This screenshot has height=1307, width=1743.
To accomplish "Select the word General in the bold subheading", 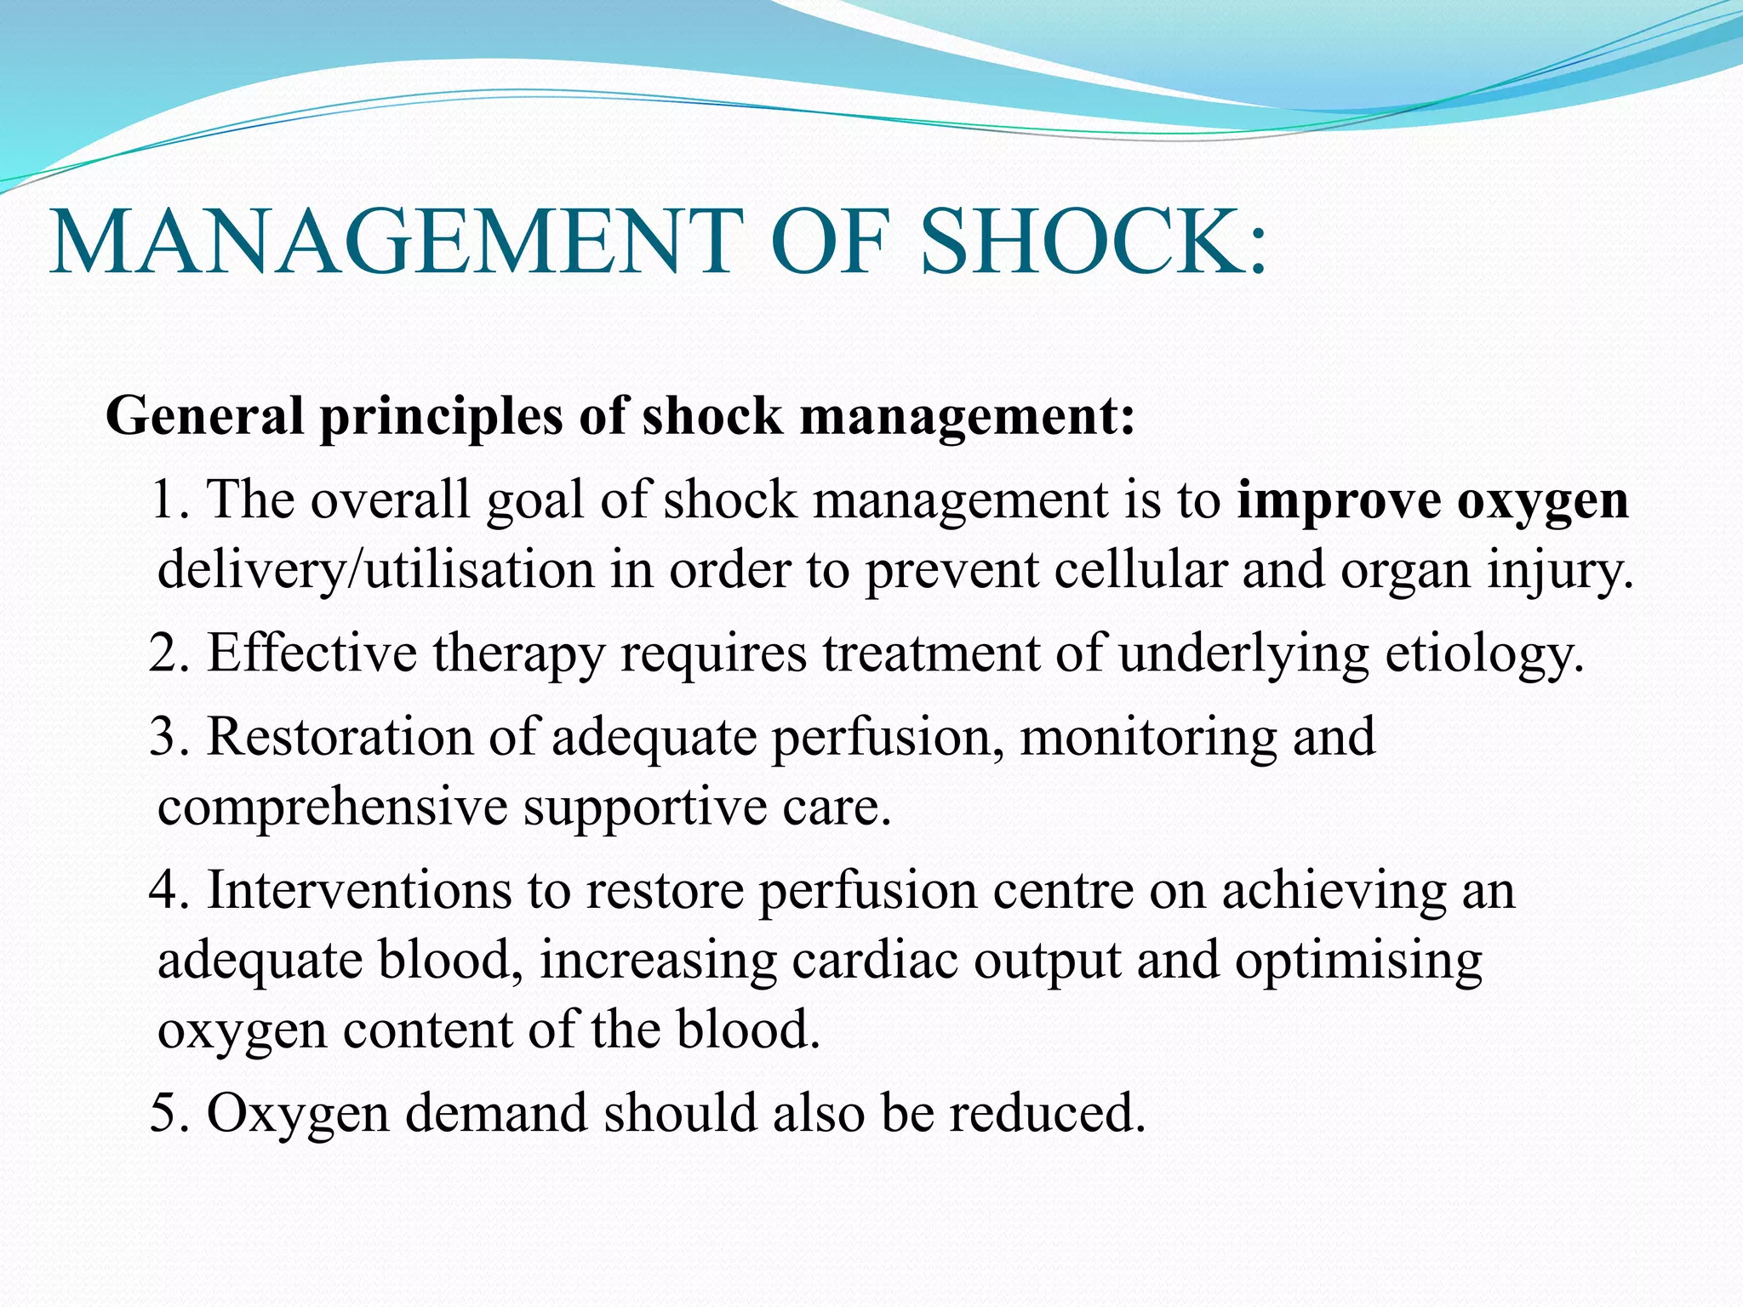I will click(x=204, y=416).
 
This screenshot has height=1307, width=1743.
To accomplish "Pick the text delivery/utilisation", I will click(x=375, y=570).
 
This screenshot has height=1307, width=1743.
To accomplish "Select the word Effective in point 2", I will click(x=312, y=653).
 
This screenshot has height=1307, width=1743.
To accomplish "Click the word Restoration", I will click(x=340, y=736).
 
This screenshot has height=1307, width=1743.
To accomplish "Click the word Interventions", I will click(x=358, y=891).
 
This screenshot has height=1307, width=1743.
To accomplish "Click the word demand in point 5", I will click(x=496, y=1113).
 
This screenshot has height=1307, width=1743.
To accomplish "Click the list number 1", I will click(x=165, y=500).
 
